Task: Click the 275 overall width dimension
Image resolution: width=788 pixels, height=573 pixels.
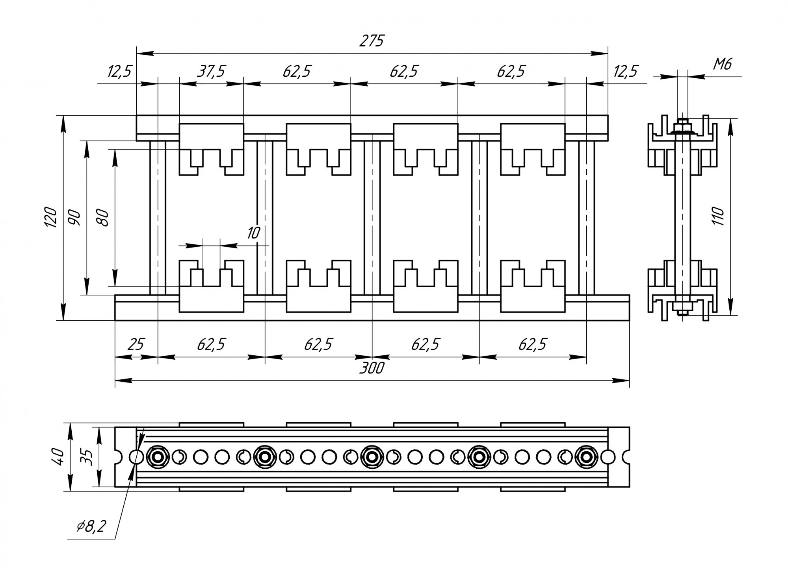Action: (371, 41)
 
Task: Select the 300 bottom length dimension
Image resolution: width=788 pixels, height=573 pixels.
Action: (372, 368)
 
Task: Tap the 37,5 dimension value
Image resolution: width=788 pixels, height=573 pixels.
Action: (212, 72)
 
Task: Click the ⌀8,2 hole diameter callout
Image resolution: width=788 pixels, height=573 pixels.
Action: (91, 526)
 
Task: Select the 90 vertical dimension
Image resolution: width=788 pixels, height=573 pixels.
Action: (75, 217)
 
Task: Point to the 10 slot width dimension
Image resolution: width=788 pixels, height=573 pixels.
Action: (253, 233)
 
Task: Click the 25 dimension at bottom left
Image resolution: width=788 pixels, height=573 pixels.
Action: (136, 344)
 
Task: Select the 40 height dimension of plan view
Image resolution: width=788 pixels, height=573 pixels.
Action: (59, 457)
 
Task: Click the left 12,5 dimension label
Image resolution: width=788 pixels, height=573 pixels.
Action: (119, 72)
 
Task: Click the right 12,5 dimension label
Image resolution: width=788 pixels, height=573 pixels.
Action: (625, 72)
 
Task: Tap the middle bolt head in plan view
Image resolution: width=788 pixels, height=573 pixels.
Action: (371, 457)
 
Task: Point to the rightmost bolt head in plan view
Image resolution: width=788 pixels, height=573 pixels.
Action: (586, 457)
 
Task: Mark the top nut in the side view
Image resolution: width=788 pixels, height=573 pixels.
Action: (682, 127)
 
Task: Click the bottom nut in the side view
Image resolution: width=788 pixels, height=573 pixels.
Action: (682, 306)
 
